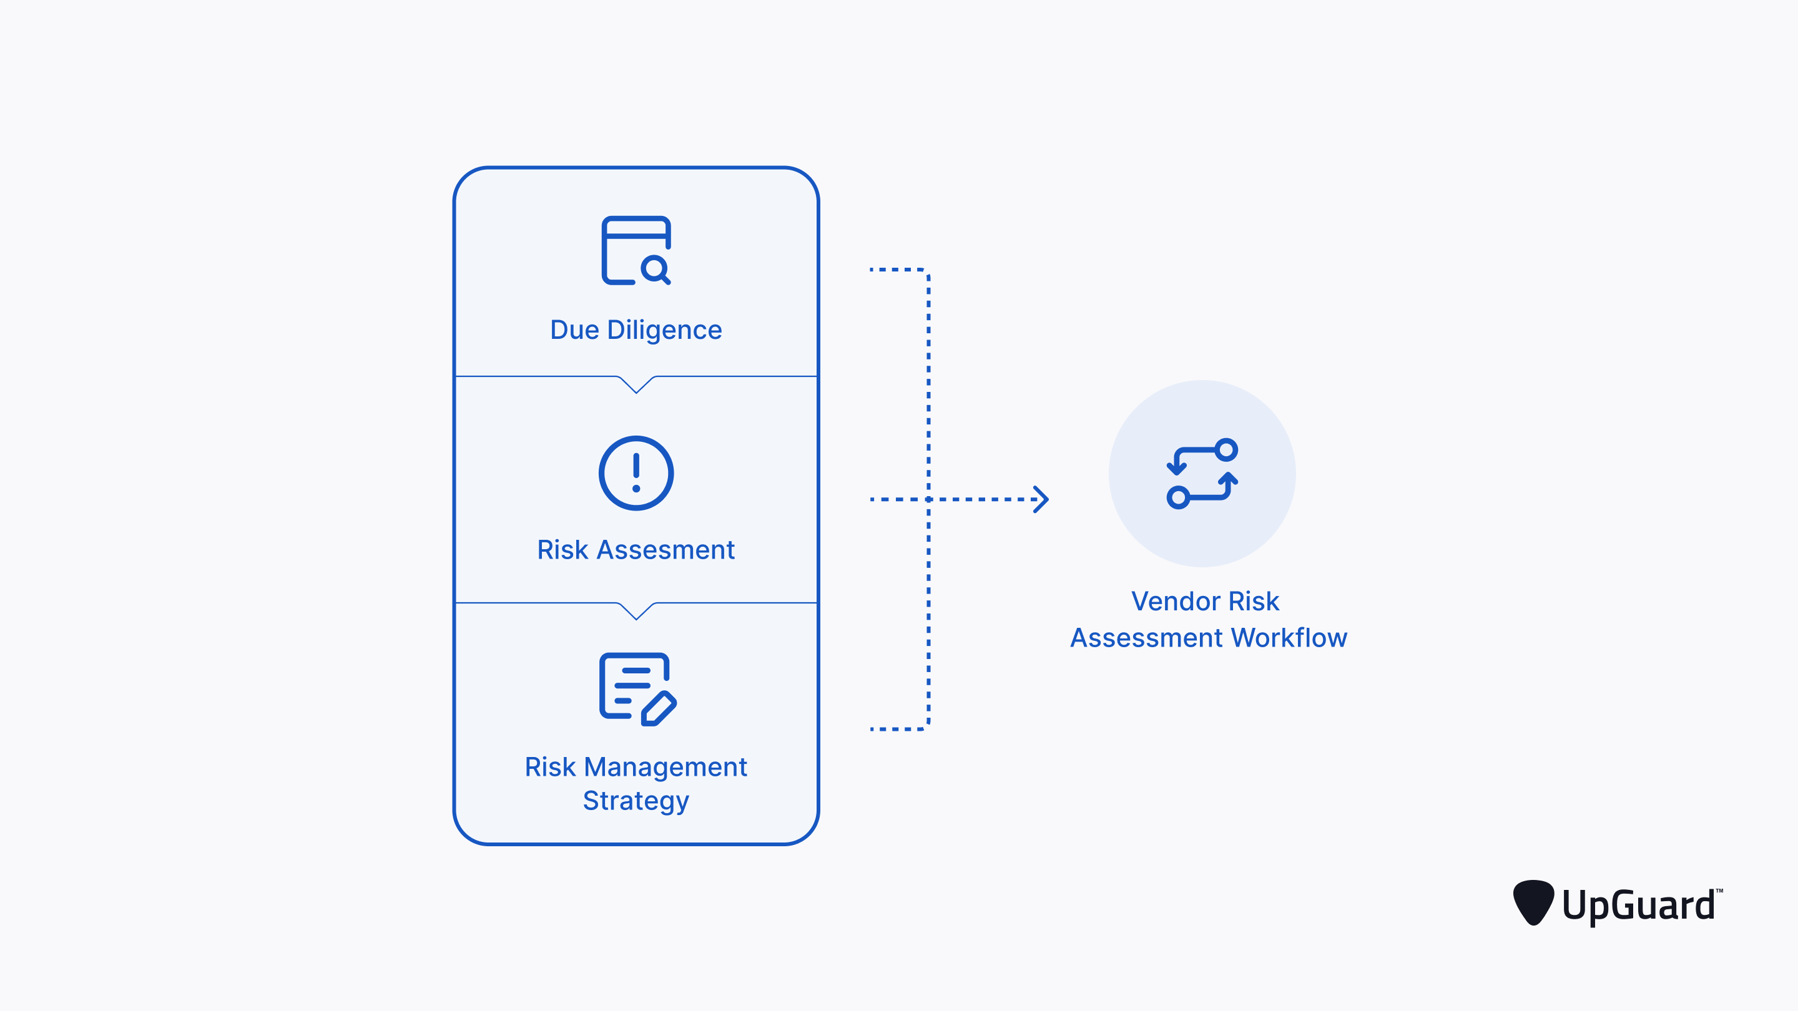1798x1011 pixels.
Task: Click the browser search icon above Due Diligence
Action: click(x=636, y=250)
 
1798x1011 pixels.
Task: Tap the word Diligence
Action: click(x=664, y=330)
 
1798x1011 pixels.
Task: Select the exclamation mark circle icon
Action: click(x=636, y=473)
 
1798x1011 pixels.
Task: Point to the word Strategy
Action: click(x=636, y=801)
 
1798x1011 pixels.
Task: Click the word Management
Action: click(x=665, y=767)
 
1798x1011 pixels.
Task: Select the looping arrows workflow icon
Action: click(x=1202, y=474)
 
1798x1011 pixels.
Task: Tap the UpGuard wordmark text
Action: click(x=1638, y=906)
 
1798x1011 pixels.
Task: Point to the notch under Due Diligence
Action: click(x=636, y=385)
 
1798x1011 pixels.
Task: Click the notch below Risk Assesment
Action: click(x=636, y=611)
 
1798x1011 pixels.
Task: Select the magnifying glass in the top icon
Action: click(x=656, y=270)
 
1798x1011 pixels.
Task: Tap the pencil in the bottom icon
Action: click(x=659, y=709)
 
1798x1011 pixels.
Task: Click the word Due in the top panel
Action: click(x=574, y=330)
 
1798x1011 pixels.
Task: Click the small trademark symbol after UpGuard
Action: click(x=1719, y=891)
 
